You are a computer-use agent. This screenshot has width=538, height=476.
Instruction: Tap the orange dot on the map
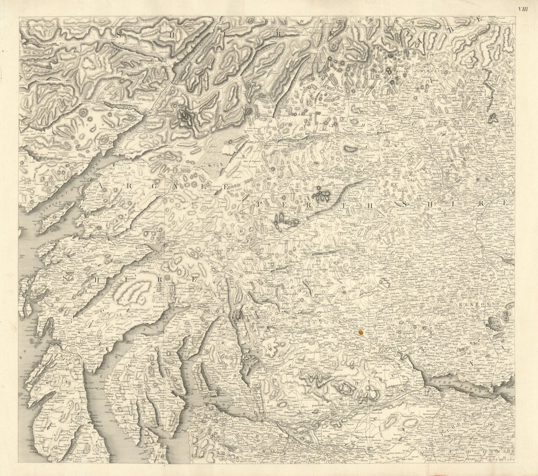(x=360, y=333)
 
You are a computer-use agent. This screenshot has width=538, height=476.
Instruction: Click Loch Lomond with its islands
(x=239, y=339)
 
